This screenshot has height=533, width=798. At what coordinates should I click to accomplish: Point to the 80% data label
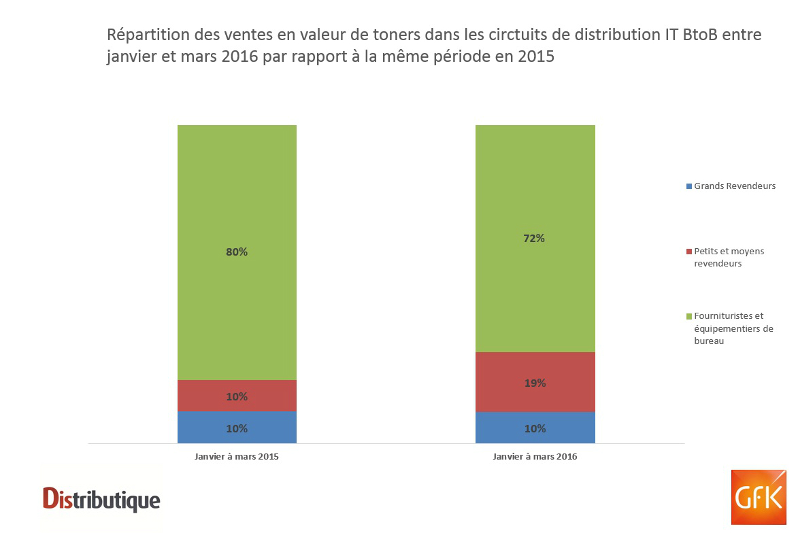click(237, 252)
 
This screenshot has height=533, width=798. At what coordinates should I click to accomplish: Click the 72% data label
click(535, 239)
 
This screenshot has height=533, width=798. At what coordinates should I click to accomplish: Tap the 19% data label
click(535, 383)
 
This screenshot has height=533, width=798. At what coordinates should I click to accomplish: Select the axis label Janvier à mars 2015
click(237, 457)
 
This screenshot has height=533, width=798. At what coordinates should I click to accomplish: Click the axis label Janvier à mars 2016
click(535, 457)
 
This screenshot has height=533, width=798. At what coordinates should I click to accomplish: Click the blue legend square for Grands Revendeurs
click(689, 186)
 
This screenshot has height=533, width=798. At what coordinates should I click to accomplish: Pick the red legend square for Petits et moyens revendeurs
click(689, 252)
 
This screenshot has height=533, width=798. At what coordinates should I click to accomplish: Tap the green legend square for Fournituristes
click(689, 316)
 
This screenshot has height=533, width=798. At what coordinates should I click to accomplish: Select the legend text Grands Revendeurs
click(735, 186)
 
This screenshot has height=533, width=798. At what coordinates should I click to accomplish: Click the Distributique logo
click(101, 500)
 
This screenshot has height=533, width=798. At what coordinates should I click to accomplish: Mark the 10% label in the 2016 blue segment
click(535, 429)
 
